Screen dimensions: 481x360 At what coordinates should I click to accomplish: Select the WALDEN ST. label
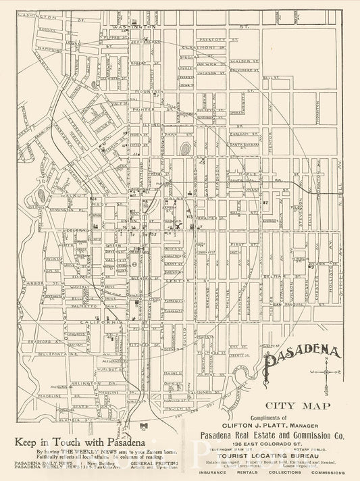tap(242, 59)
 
